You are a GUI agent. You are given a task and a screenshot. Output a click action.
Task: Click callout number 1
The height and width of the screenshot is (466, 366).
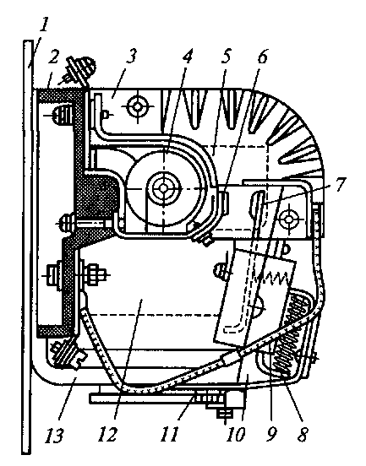pyautogui.click(x=44, y=27)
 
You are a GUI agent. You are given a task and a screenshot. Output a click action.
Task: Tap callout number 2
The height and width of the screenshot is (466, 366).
pyautogui.click(x=53, y=57)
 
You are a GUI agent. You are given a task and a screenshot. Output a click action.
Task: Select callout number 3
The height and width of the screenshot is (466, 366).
pyautogui.click(x=131, y=57)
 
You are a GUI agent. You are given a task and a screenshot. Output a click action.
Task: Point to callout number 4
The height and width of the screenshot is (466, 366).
pyautogui.click(x=187, y=57)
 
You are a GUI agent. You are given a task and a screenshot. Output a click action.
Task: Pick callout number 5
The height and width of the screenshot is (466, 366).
pyautogui.click(x=227, y=57)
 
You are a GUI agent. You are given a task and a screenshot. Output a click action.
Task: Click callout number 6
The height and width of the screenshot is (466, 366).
pyautogui.click(x=262, y=57)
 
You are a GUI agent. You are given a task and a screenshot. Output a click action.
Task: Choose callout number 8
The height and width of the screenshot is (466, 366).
pyautogui.click(x=302, y=435)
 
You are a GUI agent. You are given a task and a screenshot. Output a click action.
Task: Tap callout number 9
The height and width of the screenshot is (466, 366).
pyautogui.click(x=271, y=435)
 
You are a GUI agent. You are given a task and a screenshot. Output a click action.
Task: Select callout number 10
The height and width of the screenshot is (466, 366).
pyautogui.click(x=236, y=435)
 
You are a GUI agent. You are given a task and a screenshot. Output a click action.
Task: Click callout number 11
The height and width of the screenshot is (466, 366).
pyautogui.click(x=170, y=435)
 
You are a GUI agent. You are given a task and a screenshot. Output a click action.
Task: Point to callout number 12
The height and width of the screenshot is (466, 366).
pyautogui.click(x=107, y=435)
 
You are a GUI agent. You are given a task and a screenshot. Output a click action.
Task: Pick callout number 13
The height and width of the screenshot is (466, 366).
pyautogui.click(x=54, y=436)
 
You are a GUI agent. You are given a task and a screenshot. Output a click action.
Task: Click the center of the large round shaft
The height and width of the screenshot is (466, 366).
pyautogui.click(x=163, y=187)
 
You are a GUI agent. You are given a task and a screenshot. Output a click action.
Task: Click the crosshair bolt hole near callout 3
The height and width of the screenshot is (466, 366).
pyautogui.click(x=137, y=106)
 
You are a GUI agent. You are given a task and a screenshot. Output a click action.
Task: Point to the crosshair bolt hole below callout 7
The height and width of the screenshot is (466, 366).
pyautogui.click(x=288, y=219)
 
